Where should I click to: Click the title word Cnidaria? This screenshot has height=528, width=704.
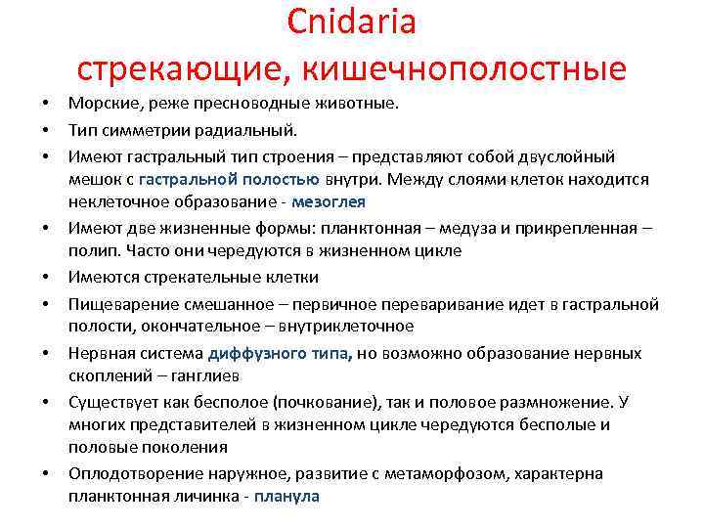(352, 22)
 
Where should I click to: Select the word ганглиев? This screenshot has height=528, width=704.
(212, 376)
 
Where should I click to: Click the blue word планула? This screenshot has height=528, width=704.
(286, 497)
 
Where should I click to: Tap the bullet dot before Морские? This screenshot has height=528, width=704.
(46, 104)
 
